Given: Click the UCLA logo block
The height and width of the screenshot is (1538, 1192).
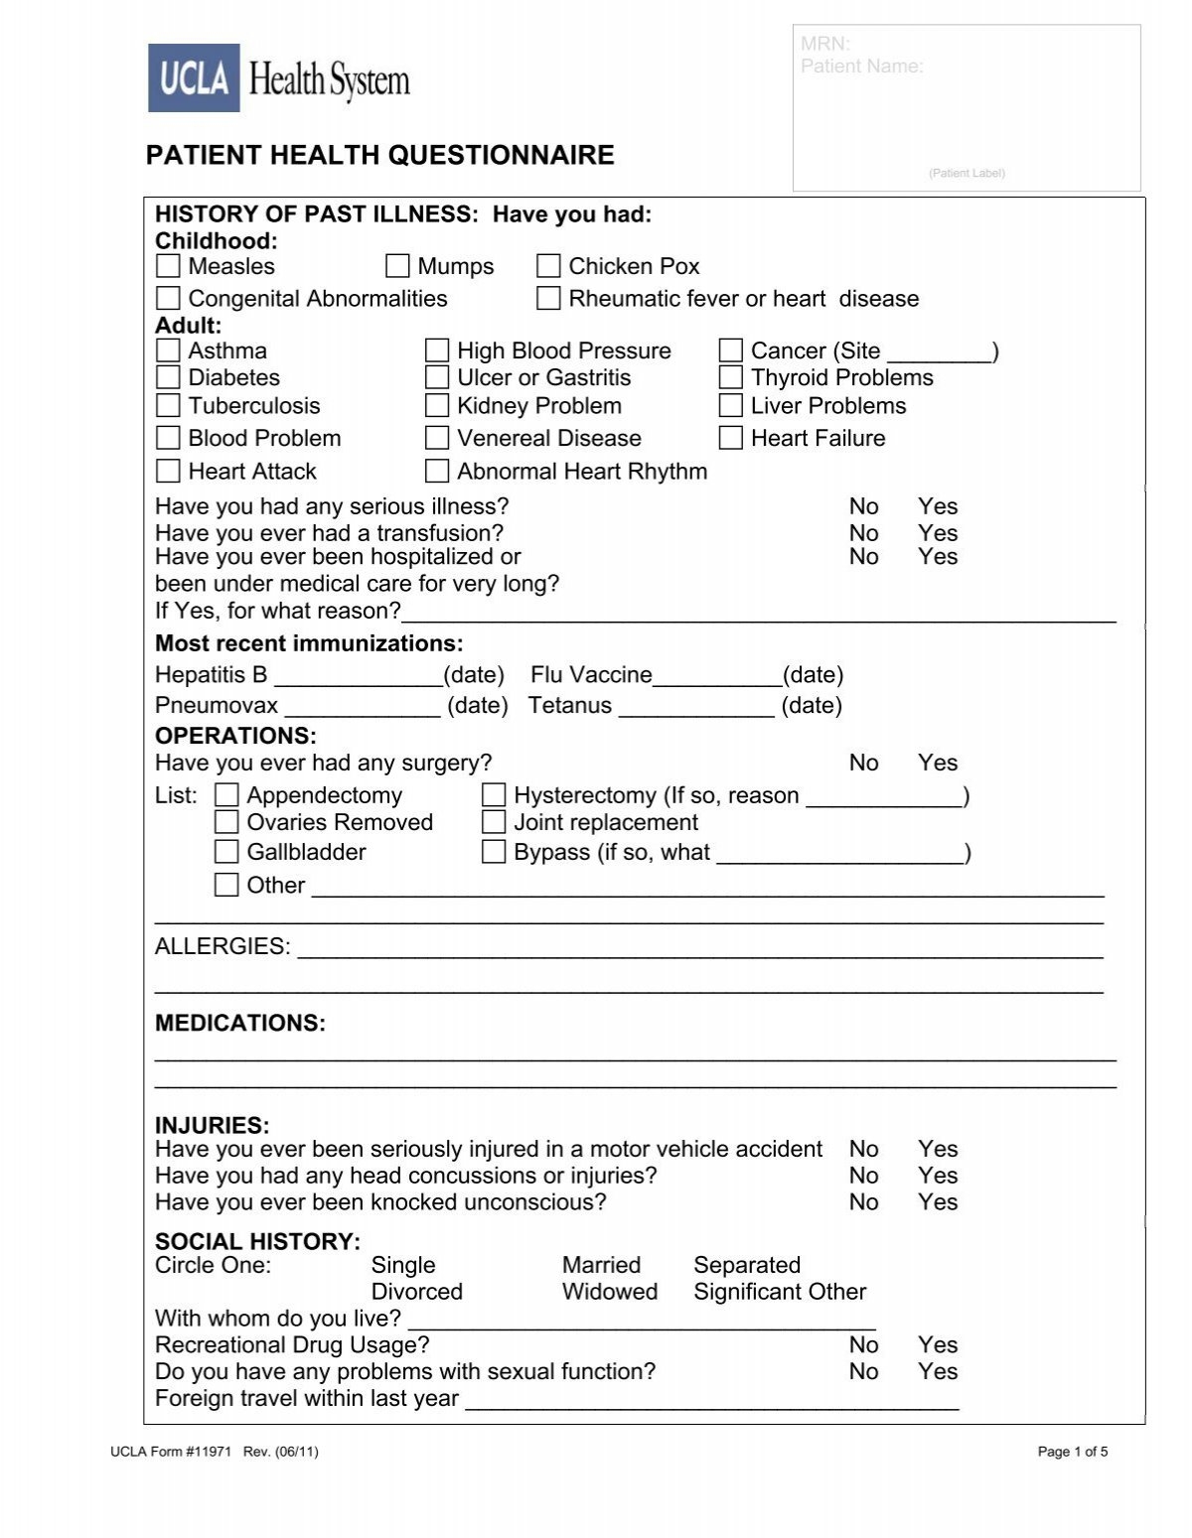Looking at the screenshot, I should click(x=195, y=77).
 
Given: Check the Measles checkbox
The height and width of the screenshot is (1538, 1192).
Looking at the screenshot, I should click(x=168, y=266).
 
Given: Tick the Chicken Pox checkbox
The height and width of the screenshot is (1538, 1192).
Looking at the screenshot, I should click(x=548, y=266).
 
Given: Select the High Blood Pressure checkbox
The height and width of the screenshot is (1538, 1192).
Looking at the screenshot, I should click(x=437, y=350).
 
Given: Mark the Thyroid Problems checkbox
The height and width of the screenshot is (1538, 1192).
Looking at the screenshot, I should click(x=731, y=377).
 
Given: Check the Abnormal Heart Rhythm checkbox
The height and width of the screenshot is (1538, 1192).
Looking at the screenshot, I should click(x=437, y=471).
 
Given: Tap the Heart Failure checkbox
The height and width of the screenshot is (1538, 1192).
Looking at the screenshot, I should click(x=731, y=438).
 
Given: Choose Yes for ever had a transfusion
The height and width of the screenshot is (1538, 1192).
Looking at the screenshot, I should click(x=937, y=533).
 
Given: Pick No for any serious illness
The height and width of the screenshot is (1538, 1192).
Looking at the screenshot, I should click(x=863, y=506).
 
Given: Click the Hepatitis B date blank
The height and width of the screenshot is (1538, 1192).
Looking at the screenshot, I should click(x=358, y=677).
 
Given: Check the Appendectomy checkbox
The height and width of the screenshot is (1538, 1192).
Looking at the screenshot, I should click(x=227, y=795).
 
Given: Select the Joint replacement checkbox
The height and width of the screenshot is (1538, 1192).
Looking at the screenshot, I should click(x=494, y=822).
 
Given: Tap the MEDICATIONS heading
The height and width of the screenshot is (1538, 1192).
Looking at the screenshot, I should click(x=240, y=1024).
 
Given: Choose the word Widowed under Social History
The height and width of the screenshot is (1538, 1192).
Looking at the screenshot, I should click(x=609, y=1292).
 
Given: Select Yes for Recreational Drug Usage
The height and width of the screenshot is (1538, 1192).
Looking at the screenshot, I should click(x=937, y=1345).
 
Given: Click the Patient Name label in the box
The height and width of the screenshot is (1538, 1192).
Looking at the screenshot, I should click(x=861, y=67).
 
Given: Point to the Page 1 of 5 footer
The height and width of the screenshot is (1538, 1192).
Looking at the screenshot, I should click(x=1072, y=1452).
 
